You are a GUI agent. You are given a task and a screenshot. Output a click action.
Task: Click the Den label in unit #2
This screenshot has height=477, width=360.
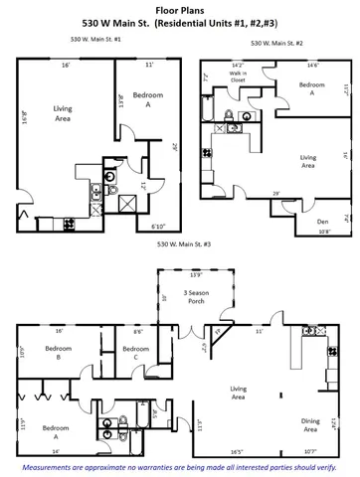pos(322,222)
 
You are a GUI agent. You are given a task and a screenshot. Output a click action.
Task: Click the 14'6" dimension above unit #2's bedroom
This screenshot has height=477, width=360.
pos(312,67)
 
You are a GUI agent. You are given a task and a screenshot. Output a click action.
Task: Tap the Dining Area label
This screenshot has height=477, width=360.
pos(311,425)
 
